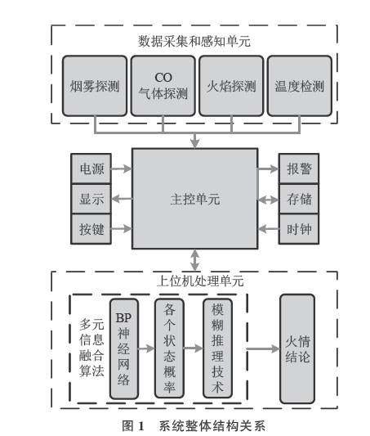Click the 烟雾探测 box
[95, 86]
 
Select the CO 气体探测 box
[163, 86]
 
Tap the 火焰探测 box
[231, 86]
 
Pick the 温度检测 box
[300, 86]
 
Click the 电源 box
[91, 169]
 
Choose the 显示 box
[91, 199]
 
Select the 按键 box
[91, 229]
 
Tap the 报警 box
[299, 169]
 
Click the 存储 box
[299, 199]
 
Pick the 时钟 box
[299, 229]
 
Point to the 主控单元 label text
[195, 200]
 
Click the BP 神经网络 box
[124, 348]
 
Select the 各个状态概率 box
[169, 348]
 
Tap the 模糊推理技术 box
[217, 348]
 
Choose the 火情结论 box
[297, 348]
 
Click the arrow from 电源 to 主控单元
[122, 169]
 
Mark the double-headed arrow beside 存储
[268, 200]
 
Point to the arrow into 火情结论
[263, 348]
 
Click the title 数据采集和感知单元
[194, 41]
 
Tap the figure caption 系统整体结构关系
[212, 425]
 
